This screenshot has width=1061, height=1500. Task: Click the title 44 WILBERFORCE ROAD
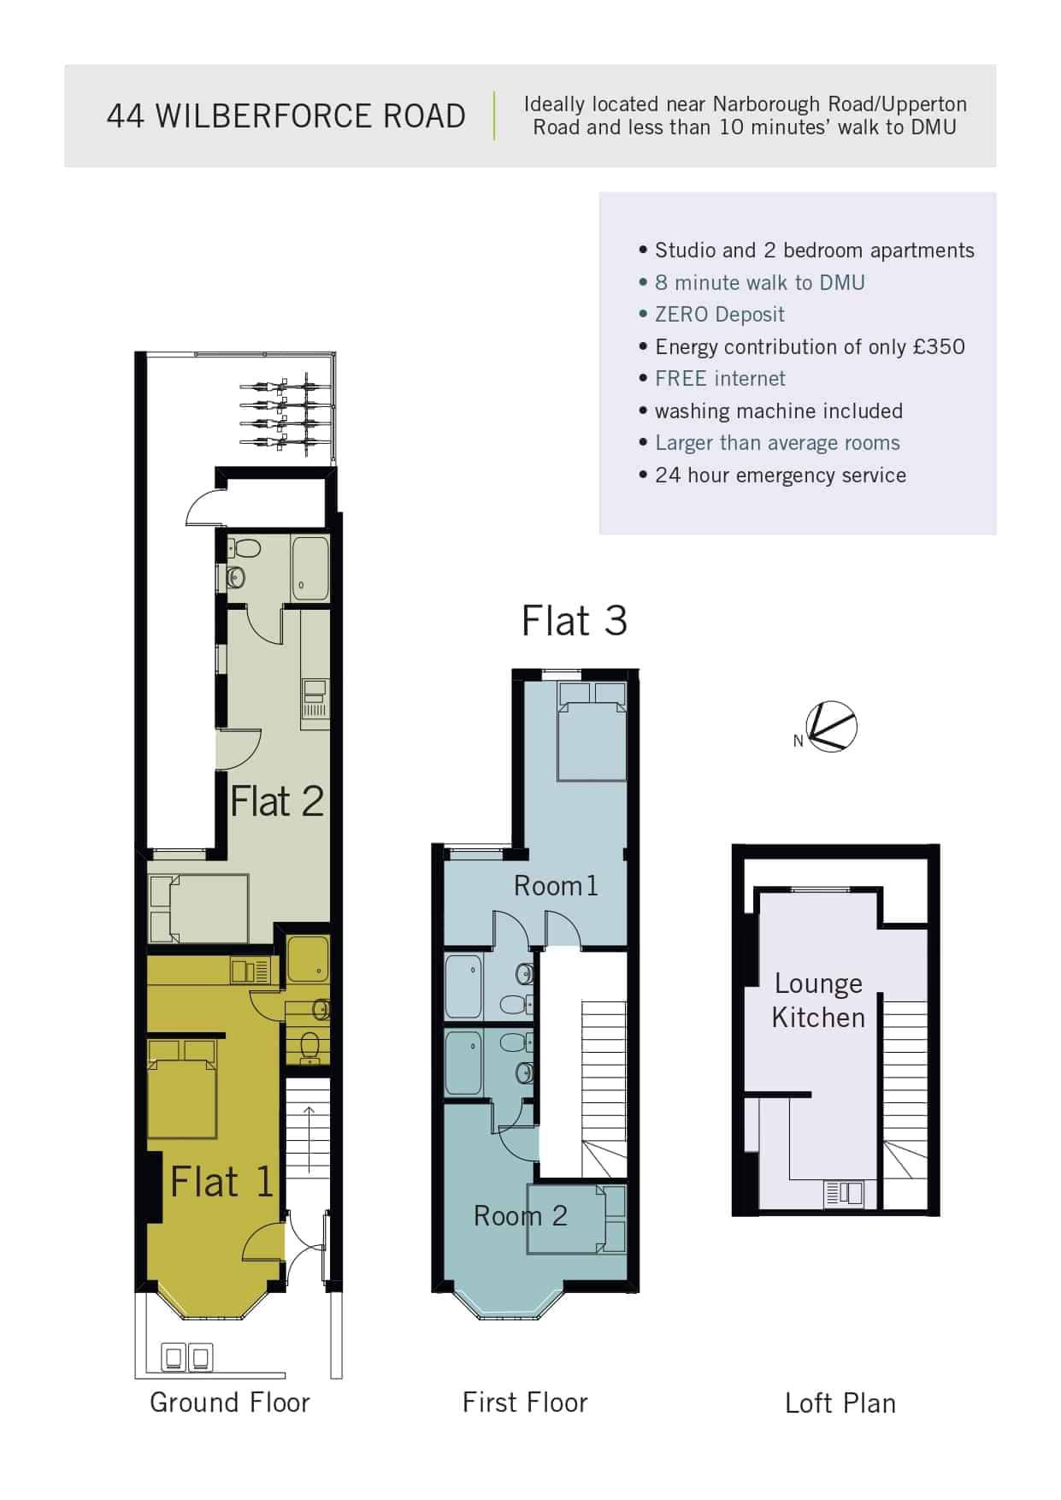[286, 115]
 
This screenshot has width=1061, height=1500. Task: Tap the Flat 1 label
[221, 1182]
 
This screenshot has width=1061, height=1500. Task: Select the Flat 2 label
[276, 801]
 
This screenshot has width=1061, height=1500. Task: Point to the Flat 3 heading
[574, 621]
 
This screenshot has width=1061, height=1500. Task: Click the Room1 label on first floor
[556, 886]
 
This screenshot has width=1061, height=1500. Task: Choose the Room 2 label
[520, 1215]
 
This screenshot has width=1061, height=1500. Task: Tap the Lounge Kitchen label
[818, 1001]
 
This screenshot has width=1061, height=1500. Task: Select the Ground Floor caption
[229, 1403]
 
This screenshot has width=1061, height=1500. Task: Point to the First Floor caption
[525, 1403]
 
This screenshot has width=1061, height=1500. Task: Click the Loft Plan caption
[840, 1403]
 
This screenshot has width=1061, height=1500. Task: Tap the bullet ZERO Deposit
[719, 315]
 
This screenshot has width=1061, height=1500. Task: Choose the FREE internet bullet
[720, 379]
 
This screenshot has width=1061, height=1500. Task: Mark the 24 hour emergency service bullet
[780, 475]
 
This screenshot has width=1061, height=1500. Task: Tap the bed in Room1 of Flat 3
[592, 731]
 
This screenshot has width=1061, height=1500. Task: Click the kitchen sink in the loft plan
[844, 1193]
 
